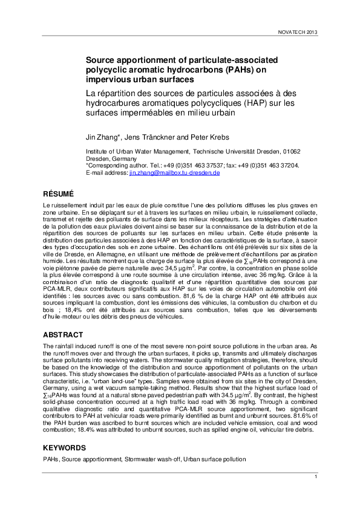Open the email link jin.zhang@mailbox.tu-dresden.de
pos(174,172)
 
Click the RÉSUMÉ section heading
pos(59,194)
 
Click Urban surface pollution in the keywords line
pos(214,460)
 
